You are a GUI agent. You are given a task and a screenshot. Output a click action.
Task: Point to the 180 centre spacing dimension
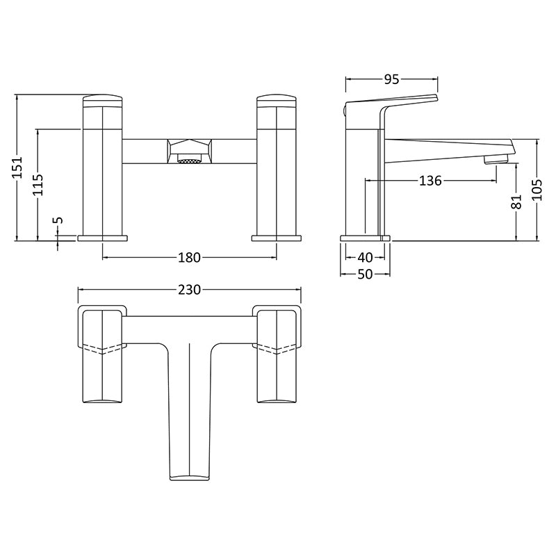tap(188, 258)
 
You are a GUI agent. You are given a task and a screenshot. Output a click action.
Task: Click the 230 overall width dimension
tap(188, 290)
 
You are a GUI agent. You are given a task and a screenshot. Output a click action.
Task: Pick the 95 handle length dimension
tap(391, 80)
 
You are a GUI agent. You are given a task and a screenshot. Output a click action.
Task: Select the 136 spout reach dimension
tap(430, 181)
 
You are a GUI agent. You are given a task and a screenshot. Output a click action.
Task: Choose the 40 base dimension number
tap(366, 257)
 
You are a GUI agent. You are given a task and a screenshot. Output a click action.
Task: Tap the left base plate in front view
tap(103, 238)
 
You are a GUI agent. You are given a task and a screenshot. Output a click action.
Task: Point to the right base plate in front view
tap(276, 238)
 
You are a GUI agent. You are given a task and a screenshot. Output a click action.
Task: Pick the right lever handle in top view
tap(277, 354)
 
